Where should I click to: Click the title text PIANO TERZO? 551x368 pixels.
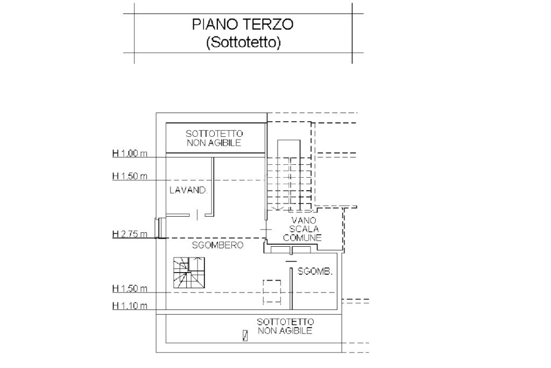click(x=243, y=24)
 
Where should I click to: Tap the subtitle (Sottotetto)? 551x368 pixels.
click(x=244, y=43)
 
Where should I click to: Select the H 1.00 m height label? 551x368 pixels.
click(x=130, y=154)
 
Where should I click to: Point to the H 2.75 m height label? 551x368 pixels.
click(x=130, y=234)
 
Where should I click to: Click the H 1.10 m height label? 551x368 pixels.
click(x=130, y=305)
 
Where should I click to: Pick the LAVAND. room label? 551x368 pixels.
click(x=189, y=190)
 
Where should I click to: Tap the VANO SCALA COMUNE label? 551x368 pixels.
click(x=302, y=229)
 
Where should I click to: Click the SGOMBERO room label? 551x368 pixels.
click(x=217, y=245)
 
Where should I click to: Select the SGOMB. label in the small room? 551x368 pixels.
click(x=315, y=272)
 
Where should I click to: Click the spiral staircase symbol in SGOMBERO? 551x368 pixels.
click(x=189, y=273)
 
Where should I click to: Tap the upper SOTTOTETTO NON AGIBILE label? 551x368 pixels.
click(x=214, y=138)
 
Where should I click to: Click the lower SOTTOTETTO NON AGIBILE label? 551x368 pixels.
click(x=285, y=326)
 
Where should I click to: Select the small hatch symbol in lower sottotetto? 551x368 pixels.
click(x=245, y=336)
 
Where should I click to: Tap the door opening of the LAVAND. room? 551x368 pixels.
click(x=197, y=214)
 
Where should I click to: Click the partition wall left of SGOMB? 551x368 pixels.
click(x=291, y=288)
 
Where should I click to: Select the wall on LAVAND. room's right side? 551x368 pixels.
click(x=213, y=186)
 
